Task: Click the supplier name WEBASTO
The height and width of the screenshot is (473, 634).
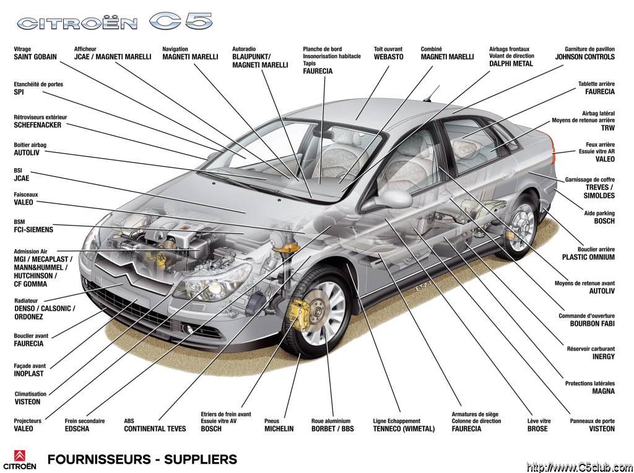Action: tap(388, 57)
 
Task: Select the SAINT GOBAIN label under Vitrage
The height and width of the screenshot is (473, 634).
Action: tap(35, 57)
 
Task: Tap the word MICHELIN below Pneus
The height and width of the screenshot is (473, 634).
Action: tap(279, 428)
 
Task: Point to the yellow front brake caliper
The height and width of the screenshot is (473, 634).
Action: tap(298, 313)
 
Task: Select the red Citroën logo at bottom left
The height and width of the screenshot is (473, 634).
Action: tap(20, 456)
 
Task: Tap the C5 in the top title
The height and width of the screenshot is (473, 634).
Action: tap(181, 21)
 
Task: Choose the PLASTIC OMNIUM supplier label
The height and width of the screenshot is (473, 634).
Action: tap(588, 257)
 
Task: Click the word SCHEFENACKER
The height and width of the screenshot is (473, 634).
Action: tap(38, 126)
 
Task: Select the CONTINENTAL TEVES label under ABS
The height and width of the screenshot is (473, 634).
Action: tap(155, 428)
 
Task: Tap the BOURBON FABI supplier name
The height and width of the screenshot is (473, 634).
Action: tap(593, 323)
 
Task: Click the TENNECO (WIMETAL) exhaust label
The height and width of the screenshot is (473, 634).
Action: tap(404, 428)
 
